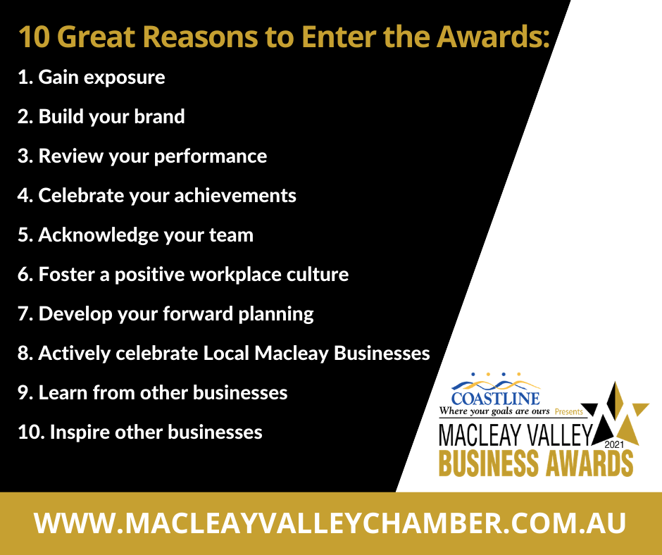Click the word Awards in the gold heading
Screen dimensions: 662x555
pyautogui.click(x=493, y=37)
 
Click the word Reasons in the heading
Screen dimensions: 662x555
pyautogui.click(x=200, y=37)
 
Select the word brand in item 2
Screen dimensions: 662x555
pyautogui.click(x=159, y=117)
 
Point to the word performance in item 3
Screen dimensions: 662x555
pyautogui.click(x=211, y=156)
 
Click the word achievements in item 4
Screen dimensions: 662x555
pyautogui.click(x=235, y=196)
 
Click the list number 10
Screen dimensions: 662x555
pyautogui.click(x=31, y=432)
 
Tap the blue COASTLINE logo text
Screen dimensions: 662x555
pyautogui.click(x=495, y=399)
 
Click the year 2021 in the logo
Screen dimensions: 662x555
pyautogui.click(x=614, y=444)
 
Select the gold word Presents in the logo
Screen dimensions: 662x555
pyautogui.click(x=569, y=412)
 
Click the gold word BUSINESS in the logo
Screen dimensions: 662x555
pyautogui.click(x=489, y=463)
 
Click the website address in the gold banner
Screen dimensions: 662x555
pyautogui.click(x=330, y=524)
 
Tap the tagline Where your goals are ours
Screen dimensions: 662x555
pyautogui.click(x=494, y=411)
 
